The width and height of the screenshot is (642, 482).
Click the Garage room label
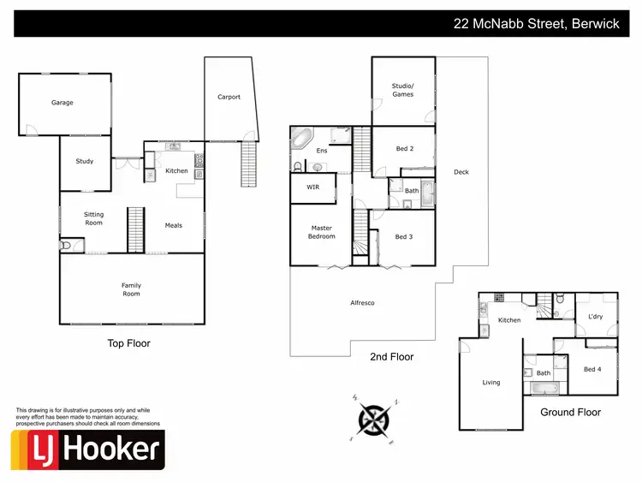(62, 103)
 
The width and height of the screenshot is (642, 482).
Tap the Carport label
(229, 98)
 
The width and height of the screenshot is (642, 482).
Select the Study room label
(84, 161)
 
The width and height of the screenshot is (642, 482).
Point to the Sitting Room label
(93, 218)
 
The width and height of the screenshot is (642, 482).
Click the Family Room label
(131, 289)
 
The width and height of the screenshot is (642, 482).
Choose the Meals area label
(174, 226)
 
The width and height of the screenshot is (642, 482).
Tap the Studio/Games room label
(402, 90)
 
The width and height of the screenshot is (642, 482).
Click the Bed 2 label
(404, 148)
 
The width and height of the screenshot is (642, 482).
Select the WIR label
(313, 187)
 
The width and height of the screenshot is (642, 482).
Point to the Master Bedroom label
(322, 232)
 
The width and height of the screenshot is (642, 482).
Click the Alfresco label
(363, 303)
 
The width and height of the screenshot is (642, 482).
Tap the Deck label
(461, 172)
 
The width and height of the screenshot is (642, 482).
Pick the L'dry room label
(595, 316)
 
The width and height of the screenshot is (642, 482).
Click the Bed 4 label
(591, 369)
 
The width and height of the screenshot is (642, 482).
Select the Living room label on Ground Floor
(490, 383)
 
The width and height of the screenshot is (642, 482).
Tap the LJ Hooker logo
(86, 449)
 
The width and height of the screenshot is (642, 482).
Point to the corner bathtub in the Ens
(303, 136)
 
